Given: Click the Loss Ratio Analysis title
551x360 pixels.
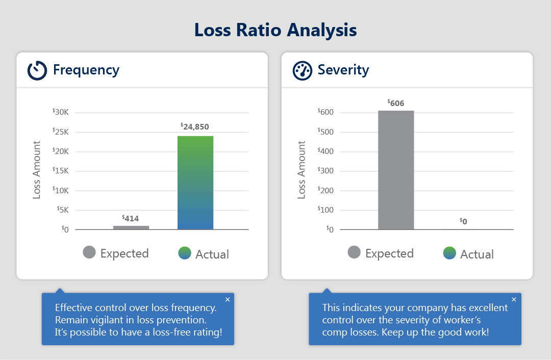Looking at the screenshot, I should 275,30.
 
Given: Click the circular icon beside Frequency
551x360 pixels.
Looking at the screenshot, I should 37,70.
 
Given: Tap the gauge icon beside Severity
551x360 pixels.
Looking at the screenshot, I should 302,70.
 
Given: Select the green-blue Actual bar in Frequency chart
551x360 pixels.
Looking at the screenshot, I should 195,183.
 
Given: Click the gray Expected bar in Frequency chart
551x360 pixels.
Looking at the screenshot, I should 131,227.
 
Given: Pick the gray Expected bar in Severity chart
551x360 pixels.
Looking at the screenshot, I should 396,170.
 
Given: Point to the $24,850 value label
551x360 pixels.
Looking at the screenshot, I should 195,126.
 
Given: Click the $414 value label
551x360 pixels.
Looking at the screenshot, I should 131,218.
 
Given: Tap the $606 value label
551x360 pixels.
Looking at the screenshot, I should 396,103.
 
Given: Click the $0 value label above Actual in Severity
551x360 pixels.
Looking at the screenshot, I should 463,221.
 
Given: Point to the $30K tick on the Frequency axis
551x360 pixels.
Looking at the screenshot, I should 64,112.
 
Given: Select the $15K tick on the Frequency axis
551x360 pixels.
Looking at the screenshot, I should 64,171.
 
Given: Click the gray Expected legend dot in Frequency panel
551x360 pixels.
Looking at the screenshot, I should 89,252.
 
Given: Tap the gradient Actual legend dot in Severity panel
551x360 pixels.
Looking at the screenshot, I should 449,253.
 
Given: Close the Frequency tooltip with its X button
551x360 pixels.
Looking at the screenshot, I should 228,299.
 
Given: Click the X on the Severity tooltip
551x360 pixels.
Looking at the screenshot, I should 514,299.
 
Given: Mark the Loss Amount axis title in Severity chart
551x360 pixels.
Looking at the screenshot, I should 302,170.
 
